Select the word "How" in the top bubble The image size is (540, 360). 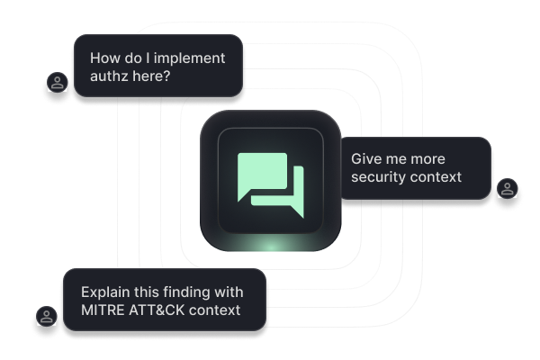[x=106, y=58]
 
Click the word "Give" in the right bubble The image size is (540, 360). [x=367, y=157]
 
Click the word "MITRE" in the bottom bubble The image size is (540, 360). [x=104, y=311]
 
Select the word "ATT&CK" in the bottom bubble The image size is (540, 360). [x=161, y=311]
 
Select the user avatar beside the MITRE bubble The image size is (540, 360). [x=44, y=317]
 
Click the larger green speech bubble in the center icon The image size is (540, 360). [x=261, y=174]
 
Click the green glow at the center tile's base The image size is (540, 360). [x=270, y=245]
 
